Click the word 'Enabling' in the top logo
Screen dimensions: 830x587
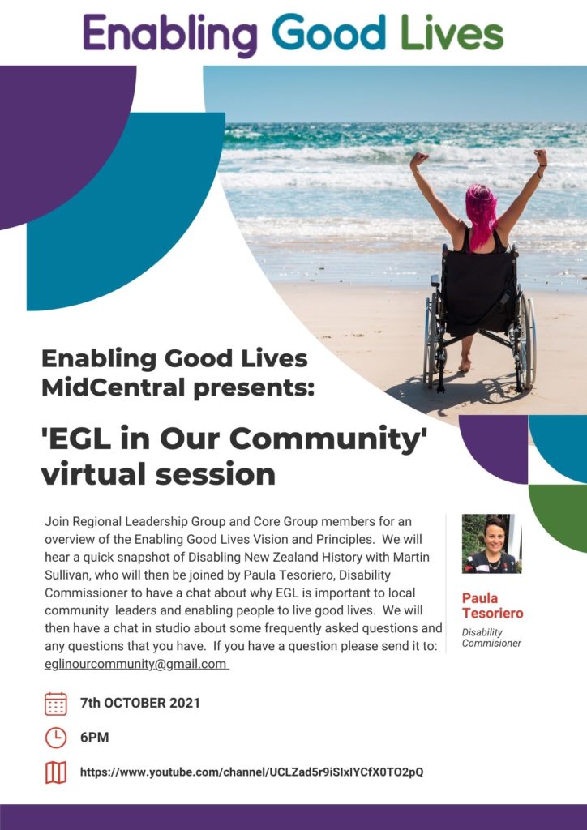(x=169, y=33)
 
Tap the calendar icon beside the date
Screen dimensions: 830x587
(x=56, y=704)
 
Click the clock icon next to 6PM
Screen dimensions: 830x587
(x=56, y=738)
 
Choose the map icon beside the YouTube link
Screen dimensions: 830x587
(x=56, y=772)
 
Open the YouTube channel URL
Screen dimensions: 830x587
(x=251, y=772)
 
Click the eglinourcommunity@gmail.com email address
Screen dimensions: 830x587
(x=135, y=664)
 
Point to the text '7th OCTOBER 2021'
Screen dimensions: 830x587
(x=139, y=704)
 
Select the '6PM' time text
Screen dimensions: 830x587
(x=94, y=738)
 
